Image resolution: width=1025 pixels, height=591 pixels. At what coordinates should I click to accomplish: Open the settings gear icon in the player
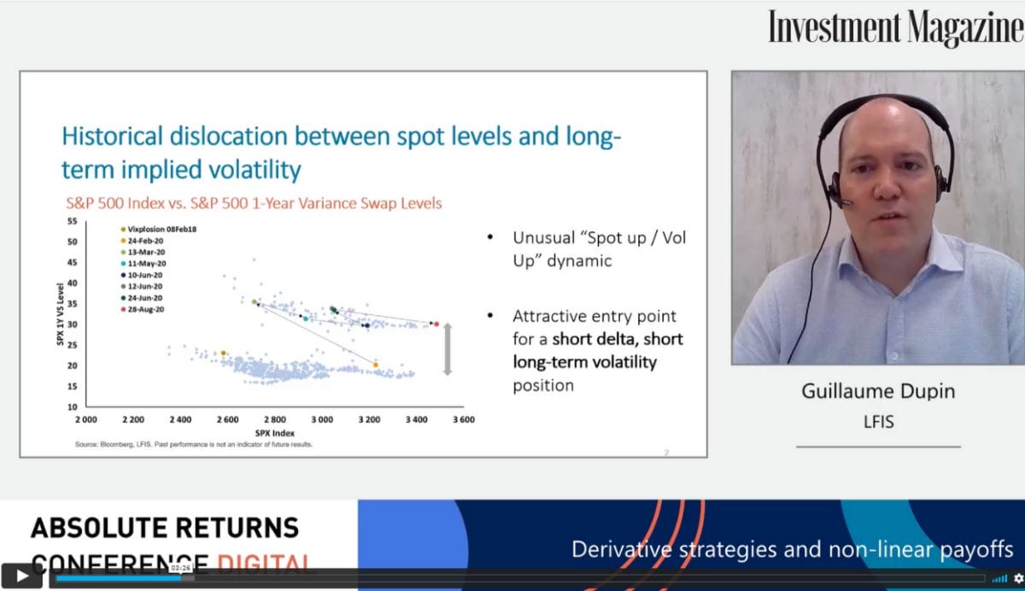(1017, 578)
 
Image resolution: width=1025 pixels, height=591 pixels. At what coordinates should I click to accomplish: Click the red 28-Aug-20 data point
(436, 324)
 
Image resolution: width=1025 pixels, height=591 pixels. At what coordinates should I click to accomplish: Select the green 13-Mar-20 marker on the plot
(255, 301)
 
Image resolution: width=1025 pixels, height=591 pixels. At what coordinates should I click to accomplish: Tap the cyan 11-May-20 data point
(305, 319)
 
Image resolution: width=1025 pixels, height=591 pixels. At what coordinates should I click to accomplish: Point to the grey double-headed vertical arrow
(446, 349)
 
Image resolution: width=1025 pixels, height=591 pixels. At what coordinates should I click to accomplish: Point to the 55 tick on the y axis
(72, 221)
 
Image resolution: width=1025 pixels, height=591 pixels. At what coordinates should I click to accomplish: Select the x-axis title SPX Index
(273, 433)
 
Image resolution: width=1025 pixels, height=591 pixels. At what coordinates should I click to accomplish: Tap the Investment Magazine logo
(894, 27)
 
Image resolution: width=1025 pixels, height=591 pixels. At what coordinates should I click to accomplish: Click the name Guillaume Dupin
(878, 391)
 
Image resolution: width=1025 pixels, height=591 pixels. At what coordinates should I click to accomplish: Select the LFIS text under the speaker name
(878, 422)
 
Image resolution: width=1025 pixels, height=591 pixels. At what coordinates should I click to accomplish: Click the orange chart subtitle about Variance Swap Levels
(254, 203)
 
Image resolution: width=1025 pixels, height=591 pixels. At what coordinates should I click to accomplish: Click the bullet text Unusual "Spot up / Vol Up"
(598, 249)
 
